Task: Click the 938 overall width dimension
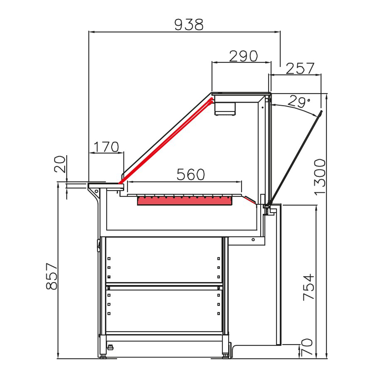[x=189, y=25]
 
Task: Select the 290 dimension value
[x=243, y=56]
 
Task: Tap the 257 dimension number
[x=300, y=69]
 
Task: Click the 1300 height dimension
[x=319, y=177]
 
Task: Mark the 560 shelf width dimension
[x=190, y=175]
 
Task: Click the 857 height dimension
[x=51, y=276]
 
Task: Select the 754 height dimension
[x=309, y=287]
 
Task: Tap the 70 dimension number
[x=308, y=348]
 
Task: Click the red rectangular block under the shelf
[x=184, y=201]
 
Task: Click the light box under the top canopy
[x=226, y=106]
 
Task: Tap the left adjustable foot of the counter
[x=103, y=355]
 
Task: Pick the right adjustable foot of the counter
[x=225, y=355]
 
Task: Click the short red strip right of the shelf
[x=250, y=200]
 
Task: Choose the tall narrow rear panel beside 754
[x=280, y=275]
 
